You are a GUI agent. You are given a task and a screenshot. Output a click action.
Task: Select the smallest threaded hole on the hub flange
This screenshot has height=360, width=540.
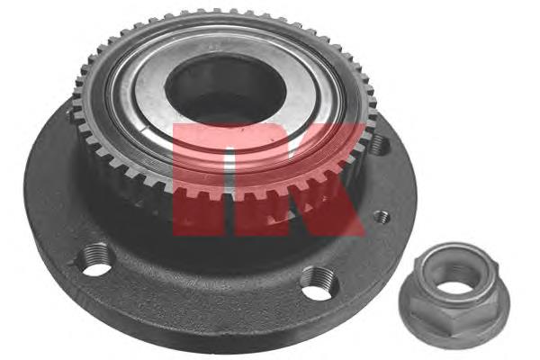pos(382,217)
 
